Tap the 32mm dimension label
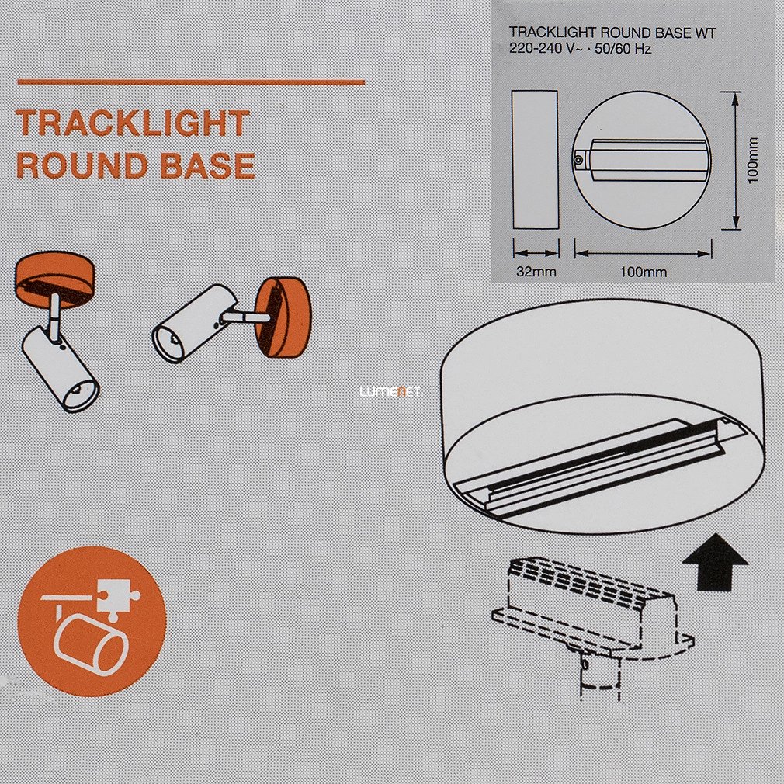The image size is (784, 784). (536, 272)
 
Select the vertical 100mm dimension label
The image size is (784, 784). (753, 160)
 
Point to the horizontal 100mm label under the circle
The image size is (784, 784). (643, 272)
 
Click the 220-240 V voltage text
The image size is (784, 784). (542, 48)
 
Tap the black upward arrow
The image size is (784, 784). (715, 563)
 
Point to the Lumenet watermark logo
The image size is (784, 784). (390, 392)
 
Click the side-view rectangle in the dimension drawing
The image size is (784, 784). (535, 159)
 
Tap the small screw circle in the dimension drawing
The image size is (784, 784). (578, 160)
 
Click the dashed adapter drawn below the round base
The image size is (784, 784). (592, 621)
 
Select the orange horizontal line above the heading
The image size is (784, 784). (191, 82)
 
